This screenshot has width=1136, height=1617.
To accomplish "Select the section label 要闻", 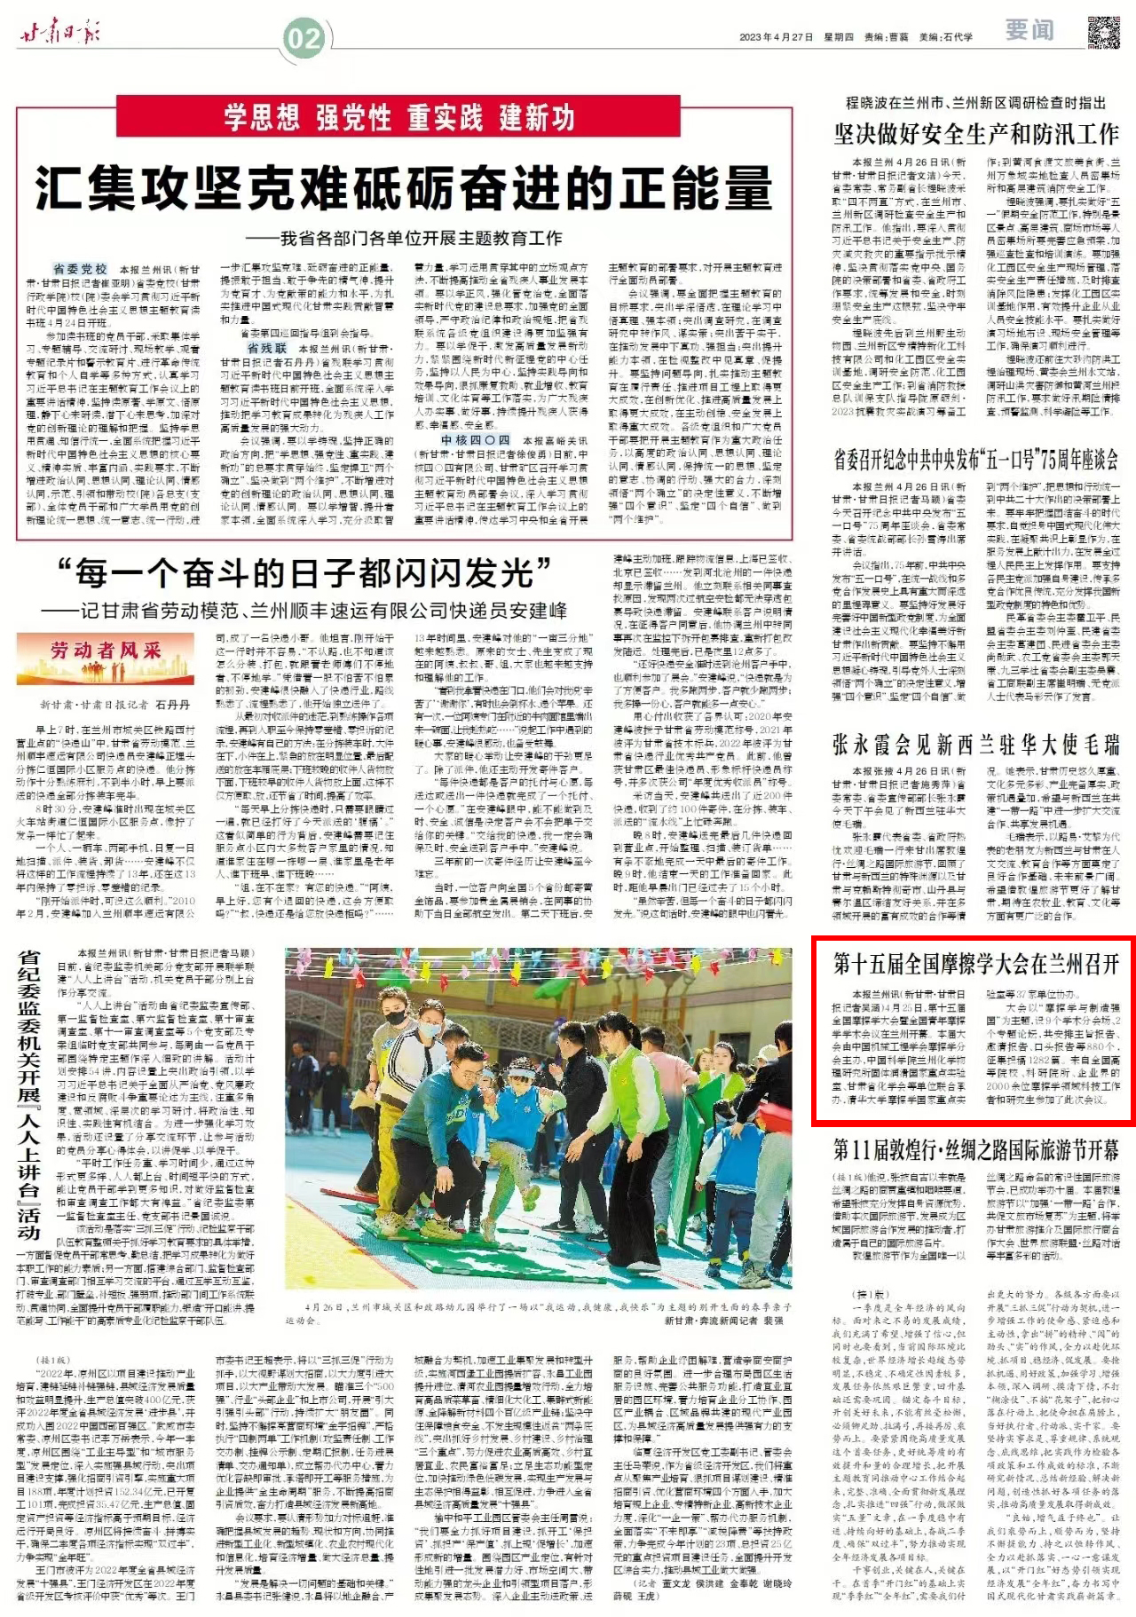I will [1029, 31].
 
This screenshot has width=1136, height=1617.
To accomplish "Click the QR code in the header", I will [1103, 32].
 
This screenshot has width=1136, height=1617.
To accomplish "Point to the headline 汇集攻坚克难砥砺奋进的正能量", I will [404, 187].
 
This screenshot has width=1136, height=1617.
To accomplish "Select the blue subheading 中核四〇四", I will [476, 440].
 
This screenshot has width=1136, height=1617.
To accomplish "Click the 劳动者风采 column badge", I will [106, 651].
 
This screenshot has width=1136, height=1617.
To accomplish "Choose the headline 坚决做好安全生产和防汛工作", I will [975, 134].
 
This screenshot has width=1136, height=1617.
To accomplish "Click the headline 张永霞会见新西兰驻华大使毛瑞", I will [975, 744].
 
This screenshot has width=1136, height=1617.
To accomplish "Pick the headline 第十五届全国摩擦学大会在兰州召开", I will [975, 965].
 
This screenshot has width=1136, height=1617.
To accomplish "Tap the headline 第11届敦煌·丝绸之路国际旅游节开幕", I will [975, 1151].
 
